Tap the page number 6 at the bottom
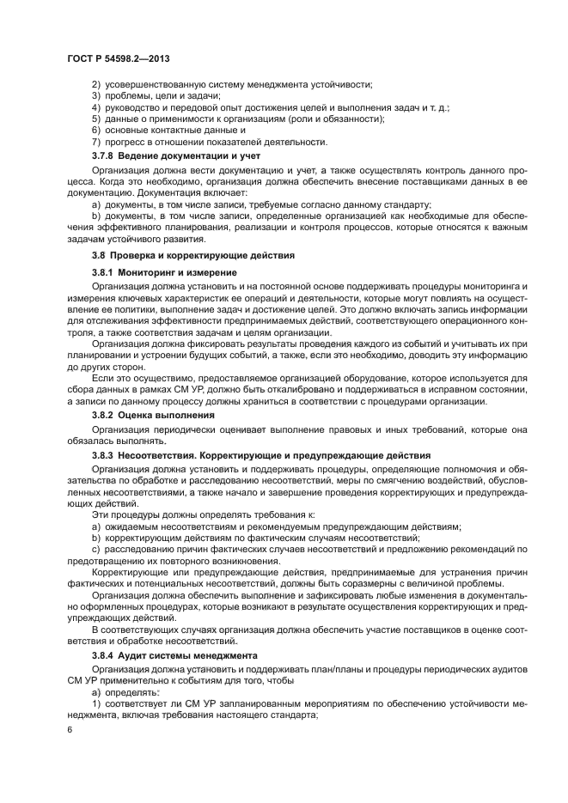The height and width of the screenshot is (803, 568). click(x=70, y=729)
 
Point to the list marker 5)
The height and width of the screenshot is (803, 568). click(x=96, y=119)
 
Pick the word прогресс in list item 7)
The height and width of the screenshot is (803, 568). click(x=127, y=142)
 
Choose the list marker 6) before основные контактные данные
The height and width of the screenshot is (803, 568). click(x=96, y=130)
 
